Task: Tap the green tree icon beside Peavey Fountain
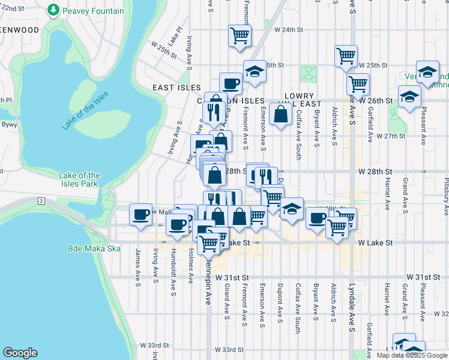(x=54, y=11)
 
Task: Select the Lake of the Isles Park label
(x=80, y=179)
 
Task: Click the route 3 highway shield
(x=40, y=200)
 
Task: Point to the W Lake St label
(x=375, y=243)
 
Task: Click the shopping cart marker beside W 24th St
(x=240, y=35)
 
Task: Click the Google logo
(x=20, y=353)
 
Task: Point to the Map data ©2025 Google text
(x=411, y=355)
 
